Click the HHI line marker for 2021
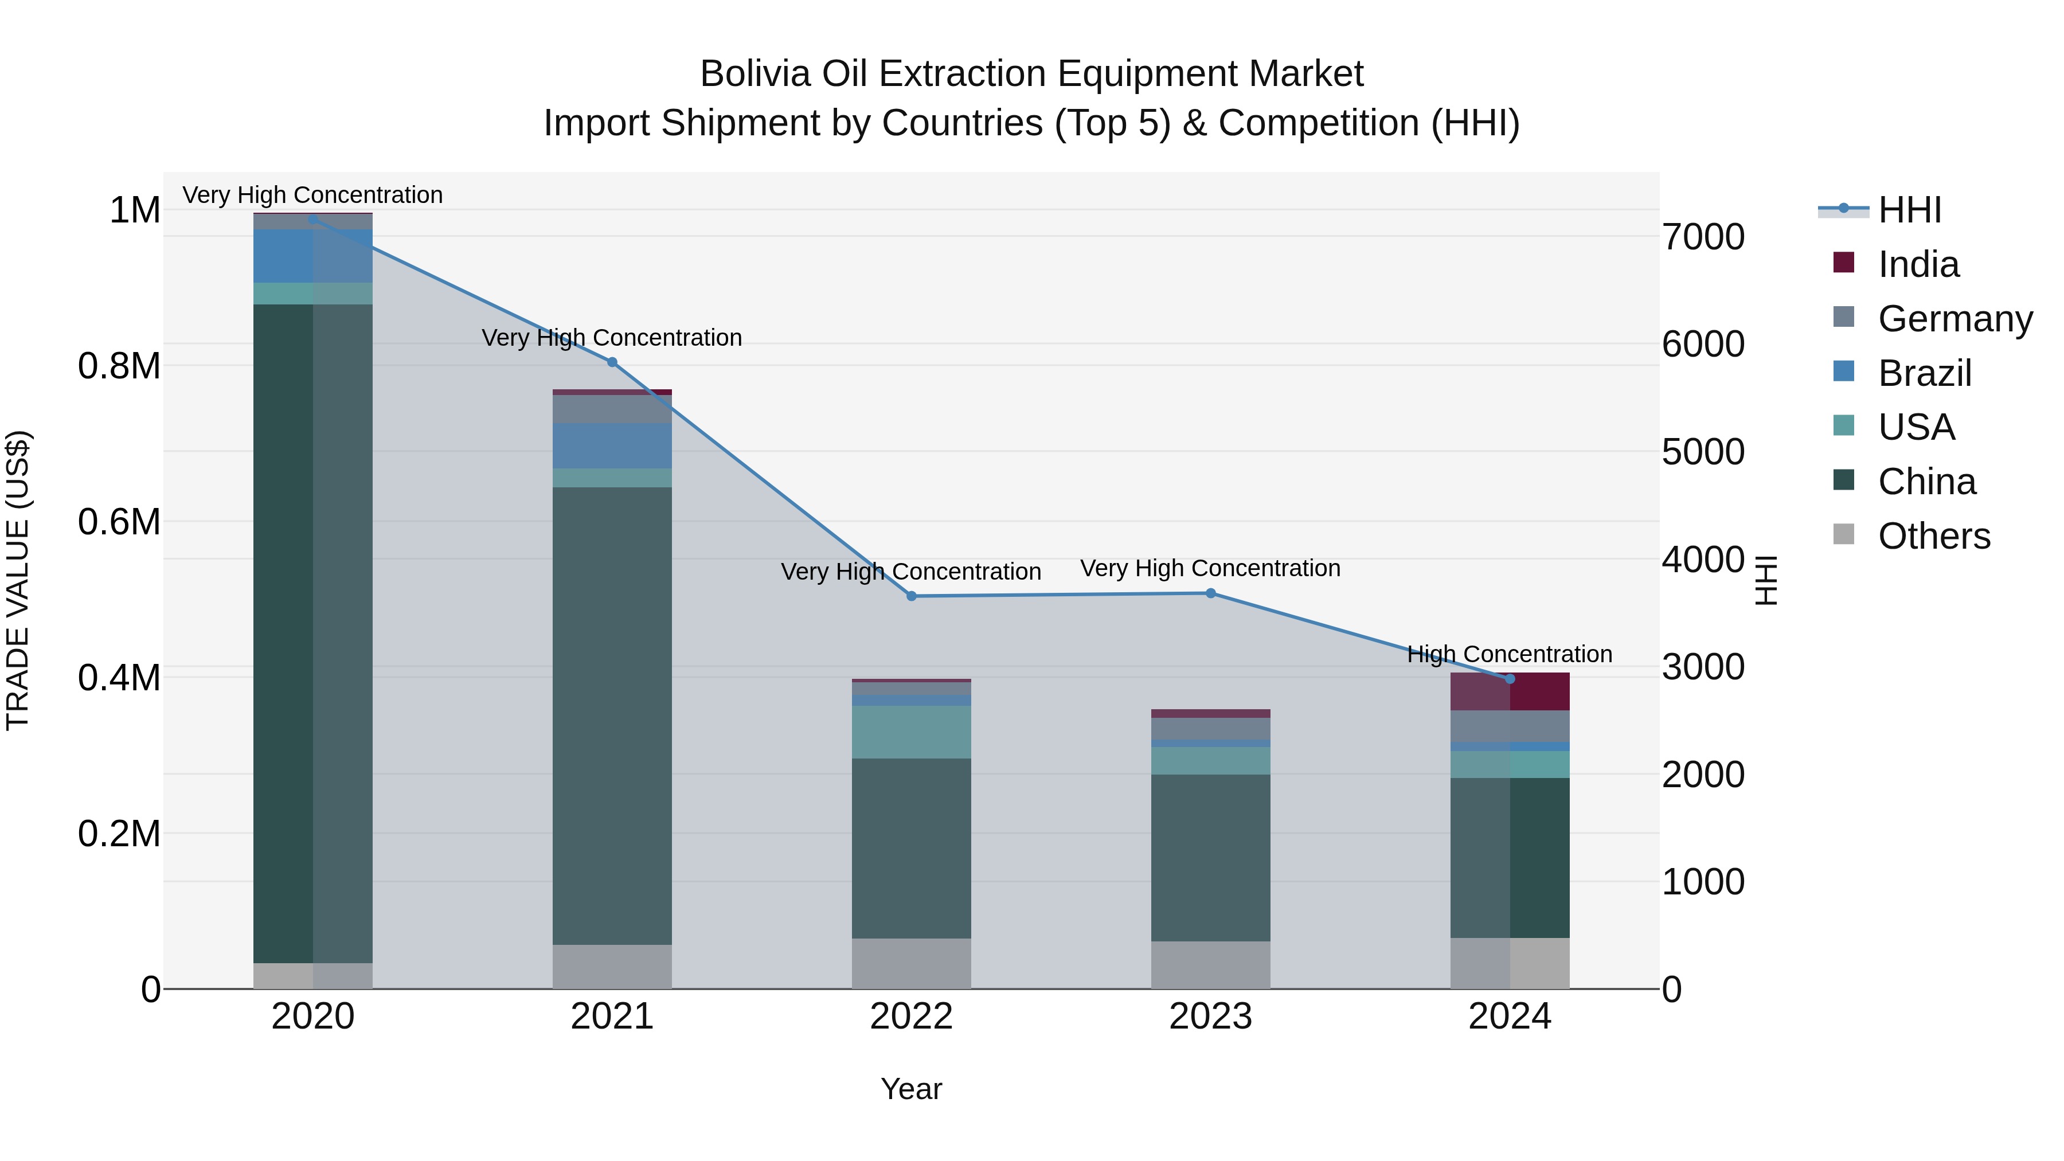(x=612, y=362)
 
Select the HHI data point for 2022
(x=911, y=596)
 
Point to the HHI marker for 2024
(x=1510, y=679)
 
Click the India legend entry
(x=1918, y=264)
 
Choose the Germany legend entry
(x=1955, y=319)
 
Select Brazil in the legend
(x=1925, y=373)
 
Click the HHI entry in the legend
(x=1909, y=210)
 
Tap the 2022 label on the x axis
(x=911, y=1017)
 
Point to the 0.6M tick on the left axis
(x=119, y=522)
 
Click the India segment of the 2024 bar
(x=1510, y=691)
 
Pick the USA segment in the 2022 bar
(x=911, y=732)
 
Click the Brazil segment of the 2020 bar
(x=312, y=256)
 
